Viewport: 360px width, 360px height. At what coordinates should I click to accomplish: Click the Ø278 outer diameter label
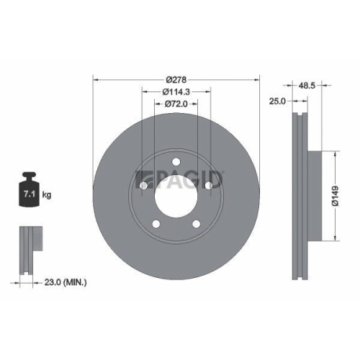point(176,78)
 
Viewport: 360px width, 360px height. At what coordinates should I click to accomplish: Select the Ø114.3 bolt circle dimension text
point(176,91)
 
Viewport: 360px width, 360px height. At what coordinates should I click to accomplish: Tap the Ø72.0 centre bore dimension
point(176,105)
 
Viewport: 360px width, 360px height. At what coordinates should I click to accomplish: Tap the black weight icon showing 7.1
point(30,191)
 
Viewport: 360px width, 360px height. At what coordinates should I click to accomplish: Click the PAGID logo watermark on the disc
point(180,178)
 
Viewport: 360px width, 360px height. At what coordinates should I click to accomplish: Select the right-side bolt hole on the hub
point(210,186)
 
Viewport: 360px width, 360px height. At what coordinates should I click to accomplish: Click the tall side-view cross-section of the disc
point(301,196)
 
